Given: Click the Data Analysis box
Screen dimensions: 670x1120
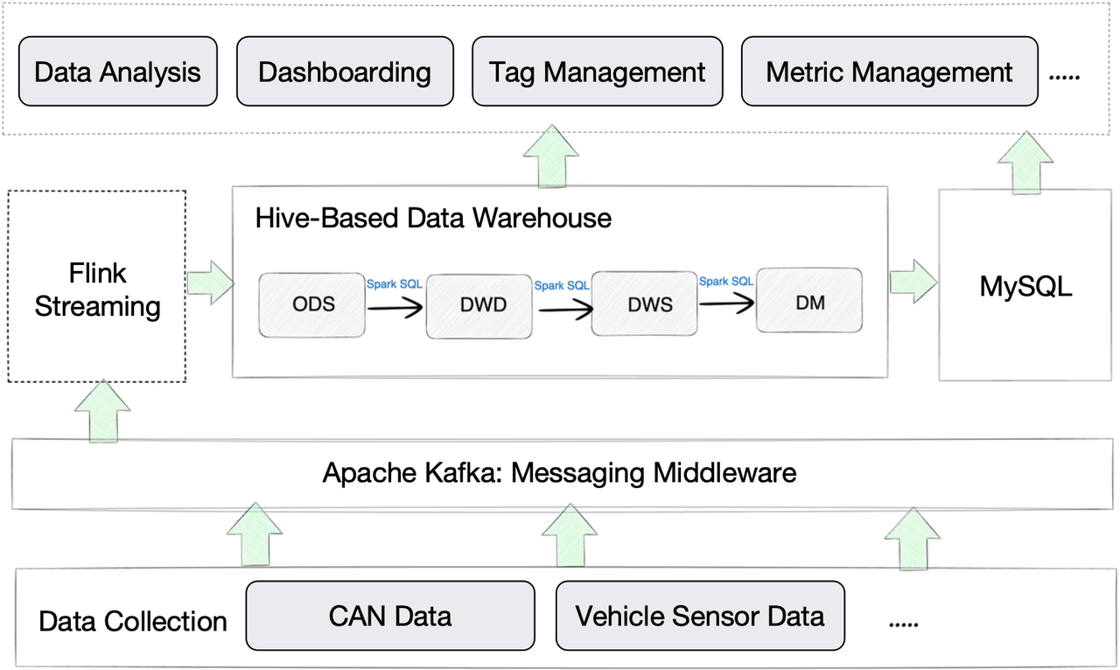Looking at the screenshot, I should (x=118, y=72).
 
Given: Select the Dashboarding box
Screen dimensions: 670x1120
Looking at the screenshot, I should (x=344, y=72).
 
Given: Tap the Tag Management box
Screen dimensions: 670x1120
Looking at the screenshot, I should (x=597, y=72).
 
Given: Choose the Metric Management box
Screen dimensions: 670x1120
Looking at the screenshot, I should (x=889, y=72).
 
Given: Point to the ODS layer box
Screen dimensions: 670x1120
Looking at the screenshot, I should (x=312, y=304).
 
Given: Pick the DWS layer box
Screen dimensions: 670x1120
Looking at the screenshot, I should (x=644, y=304).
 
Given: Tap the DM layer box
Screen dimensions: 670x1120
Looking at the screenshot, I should (x=808, y=301).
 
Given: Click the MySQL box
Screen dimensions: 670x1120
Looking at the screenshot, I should (x=1025, y=286).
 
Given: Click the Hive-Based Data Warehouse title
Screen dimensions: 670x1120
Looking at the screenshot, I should (x=433, y=217).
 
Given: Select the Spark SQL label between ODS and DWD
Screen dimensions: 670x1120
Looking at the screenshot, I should (x=394, y=284).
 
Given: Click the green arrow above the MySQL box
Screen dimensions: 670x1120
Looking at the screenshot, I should (x=1025, y=163).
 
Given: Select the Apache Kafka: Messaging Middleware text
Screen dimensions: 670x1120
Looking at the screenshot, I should (x=560, y=473).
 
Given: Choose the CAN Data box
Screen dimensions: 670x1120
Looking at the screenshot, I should (x=390, y=617).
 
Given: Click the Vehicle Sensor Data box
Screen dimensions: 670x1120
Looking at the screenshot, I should (x=700, y=617).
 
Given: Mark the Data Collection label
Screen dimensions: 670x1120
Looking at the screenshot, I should (x=133, y=622).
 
